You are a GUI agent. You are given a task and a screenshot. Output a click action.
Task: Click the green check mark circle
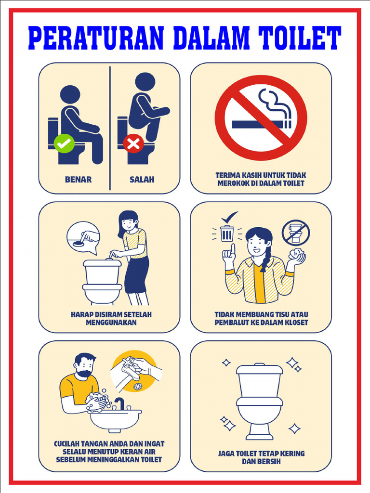pos(64,143)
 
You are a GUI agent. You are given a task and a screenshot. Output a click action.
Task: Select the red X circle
pos(133,143)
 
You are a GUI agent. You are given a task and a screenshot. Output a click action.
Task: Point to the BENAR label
pos(78,180)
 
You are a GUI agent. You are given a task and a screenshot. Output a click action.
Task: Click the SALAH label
pos(142,180)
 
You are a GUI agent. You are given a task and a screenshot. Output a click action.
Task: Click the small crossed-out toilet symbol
pos(295,233)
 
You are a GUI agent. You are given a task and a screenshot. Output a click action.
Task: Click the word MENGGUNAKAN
pos(111,322)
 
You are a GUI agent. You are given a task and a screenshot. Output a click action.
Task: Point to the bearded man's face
pos(85,368)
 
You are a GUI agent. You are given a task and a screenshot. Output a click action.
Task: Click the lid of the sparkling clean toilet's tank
pos(260,369)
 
